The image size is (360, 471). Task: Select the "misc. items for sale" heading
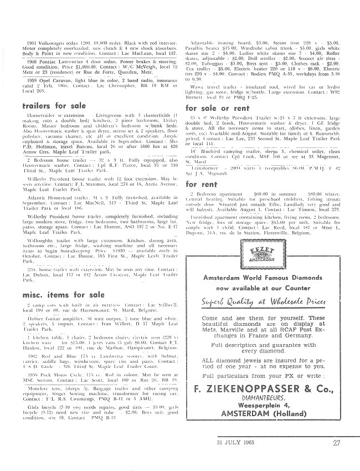click(65, 294)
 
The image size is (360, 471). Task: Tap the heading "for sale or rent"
click(218, 108)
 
